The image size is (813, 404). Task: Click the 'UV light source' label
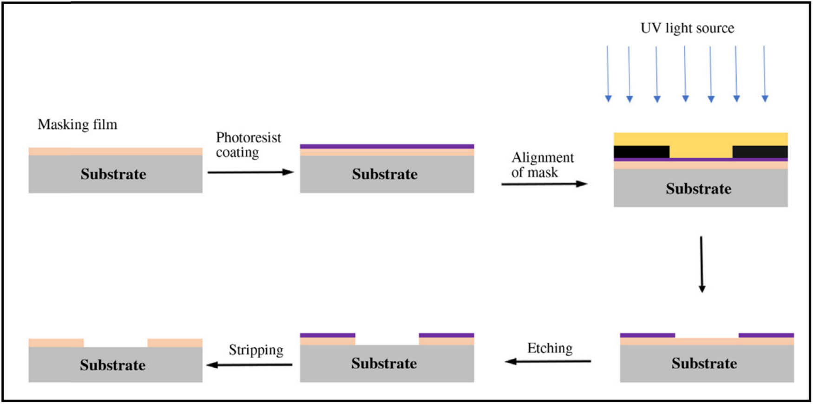(x=687, y=28)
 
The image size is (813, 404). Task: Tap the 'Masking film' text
(x=78, y=124)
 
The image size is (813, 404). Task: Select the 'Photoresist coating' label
(x=249, y=145)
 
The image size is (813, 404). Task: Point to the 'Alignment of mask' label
(x=542, y=165)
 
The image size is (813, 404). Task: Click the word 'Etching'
(x=550, y=348)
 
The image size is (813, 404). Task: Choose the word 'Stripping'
(x=256, y=350)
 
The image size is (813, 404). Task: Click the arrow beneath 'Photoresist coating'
(x=250, y=172)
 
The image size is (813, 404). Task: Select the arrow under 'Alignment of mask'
(x=544, y=184)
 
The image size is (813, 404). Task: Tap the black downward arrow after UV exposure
(x=702, y=264)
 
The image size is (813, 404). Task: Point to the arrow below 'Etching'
(x=548, y=361)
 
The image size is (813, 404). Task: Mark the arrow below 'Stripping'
(x=249, y=365)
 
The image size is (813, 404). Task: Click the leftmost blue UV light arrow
(x=608, y=73)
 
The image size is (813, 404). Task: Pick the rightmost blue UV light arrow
(x=765, y=73)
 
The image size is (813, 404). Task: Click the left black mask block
(x=642, y=152)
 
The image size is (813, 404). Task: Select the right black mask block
(x=760, y=152)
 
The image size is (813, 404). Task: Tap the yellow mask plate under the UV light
(x=701, y=139)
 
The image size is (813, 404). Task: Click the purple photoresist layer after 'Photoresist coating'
(x=387, y=146)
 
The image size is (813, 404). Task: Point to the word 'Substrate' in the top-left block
(x=113, y=174)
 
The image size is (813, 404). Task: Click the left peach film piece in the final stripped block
(x=56, y=343)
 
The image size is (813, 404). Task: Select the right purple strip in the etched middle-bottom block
(x=446, y=335)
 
